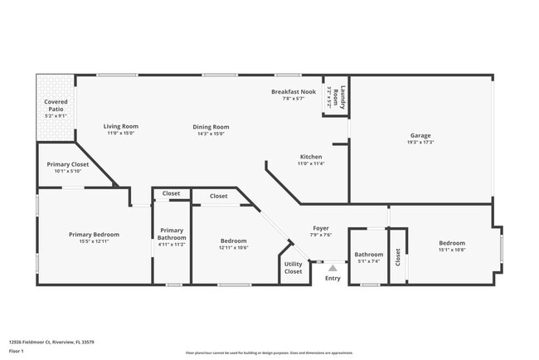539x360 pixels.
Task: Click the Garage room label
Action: (420, 135)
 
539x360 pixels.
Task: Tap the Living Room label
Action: (120, 126)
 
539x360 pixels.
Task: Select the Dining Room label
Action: (211, 127)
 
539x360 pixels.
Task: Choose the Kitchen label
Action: (311, 157)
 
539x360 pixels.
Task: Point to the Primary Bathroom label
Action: (172, 234)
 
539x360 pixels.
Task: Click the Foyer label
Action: (321, 228)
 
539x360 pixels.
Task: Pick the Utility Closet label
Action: (294, 267)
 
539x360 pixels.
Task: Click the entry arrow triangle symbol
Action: (333, 268)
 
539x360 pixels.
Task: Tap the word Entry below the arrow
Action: (333, 279)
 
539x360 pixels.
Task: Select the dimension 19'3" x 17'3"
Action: (420, 143)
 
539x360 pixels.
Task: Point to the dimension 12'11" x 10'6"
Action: (234, 247)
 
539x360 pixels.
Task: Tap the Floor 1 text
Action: (17, 351)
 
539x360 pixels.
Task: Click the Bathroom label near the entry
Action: (368, 255)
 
